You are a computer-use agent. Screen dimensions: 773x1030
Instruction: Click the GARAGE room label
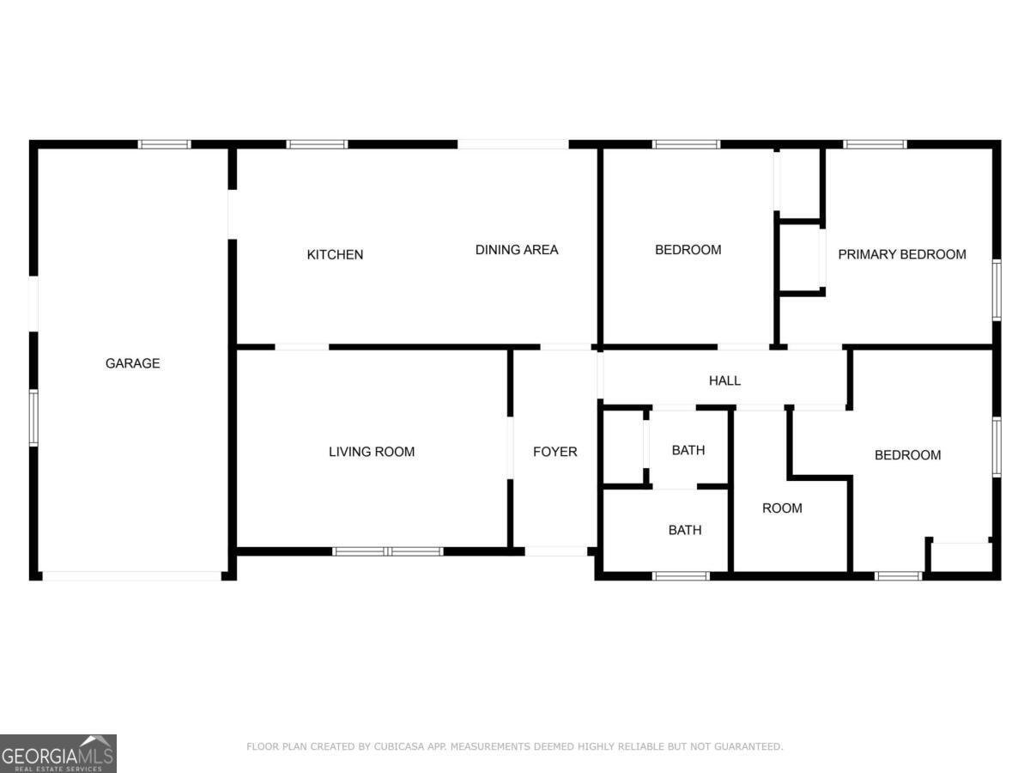pyautogui.click(x=132, y=363)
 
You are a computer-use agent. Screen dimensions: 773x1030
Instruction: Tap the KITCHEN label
pyautogui.click(x=335, y=254)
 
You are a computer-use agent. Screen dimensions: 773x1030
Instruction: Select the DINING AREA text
pyautogui.click(x=517, y=250)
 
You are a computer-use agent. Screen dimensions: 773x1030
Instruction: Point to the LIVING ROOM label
pyautogui.click(x=372, y=452)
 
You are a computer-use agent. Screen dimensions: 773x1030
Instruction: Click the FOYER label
pyautogui.click(x=554, y=452)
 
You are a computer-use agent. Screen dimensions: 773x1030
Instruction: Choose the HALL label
pyautogui.click(x=724, y=380)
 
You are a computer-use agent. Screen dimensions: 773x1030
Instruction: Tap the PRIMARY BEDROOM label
pyautogui.click(x=901, y=254)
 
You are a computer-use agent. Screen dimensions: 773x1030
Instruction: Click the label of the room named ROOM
pyautogui.click(x=782, y=508)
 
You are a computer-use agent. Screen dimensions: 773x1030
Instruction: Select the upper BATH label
pyautogui.click(x=688, y=450)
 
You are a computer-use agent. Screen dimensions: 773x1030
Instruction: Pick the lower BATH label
pyautogui.click(x=684, y=530)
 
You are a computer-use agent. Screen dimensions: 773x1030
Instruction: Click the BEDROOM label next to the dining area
pyautogui.click(x=688, y=250)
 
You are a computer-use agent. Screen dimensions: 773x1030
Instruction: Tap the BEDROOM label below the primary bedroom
pyautogui.click(x=907, y=455)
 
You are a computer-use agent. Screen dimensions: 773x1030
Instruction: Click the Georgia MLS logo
pyautogui.click(x=58, y=753)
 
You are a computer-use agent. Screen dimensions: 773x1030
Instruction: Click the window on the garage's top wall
pyautogui.click(x=164, y=144)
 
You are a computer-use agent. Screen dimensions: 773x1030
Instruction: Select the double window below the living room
pyautogui.click(x=387, y=551)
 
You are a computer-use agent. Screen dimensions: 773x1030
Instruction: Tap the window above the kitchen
pyautogui.click(x=317, y=144)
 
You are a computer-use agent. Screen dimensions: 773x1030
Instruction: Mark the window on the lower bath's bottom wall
pyautogui.click(x=681, y=575)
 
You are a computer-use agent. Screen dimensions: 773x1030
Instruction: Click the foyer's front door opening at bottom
pyautogui.click(x=556, y=551)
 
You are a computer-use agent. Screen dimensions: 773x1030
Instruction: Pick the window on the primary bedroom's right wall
pyautogui.click(x=997, y=290)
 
